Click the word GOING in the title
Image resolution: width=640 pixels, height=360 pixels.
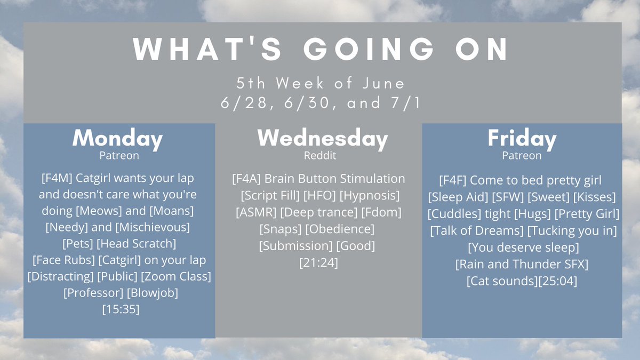point(369,49)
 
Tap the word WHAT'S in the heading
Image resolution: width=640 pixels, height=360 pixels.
point(207,49)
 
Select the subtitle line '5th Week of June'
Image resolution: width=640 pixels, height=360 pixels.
point(321,83)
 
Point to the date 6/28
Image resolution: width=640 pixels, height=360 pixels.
point(245,103)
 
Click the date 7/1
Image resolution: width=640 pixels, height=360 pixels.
point(406,103)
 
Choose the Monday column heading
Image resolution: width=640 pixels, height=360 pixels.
point(117,138)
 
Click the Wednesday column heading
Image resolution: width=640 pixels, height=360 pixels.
point(323,138)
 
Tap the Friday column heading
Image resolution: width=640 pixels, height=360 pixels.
point(522,138)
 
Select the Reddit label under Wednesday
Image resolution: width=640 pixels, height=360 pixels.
point(319,155)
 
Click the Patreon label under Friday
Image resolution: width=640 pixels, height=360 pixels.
point(522,155)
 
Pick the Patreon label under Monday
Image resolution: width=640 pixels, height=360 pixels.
point(119,155)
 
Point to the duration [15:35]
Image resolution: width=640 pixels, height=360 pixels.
point(121,309)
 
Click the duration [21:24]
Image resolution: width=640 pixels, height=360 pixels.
point(318,262)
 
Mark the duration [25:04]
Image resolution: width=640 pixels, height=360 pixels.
point(558,281)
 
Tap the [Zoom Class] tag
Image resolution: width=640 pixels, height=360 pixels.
point(176,276)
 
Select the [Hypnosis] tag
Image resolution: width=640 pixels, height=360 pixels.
point(370,196)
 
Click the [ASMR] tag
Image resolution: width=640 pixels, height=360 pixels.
point(256,212)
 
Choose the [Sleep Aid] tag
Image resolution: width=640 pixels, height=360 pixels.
point(458,197)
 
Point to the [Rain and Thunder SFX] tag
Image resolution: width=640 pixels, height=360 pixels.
point(522,265)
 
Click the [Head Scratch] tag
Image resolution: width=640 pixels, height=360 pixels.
point(137,244)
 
